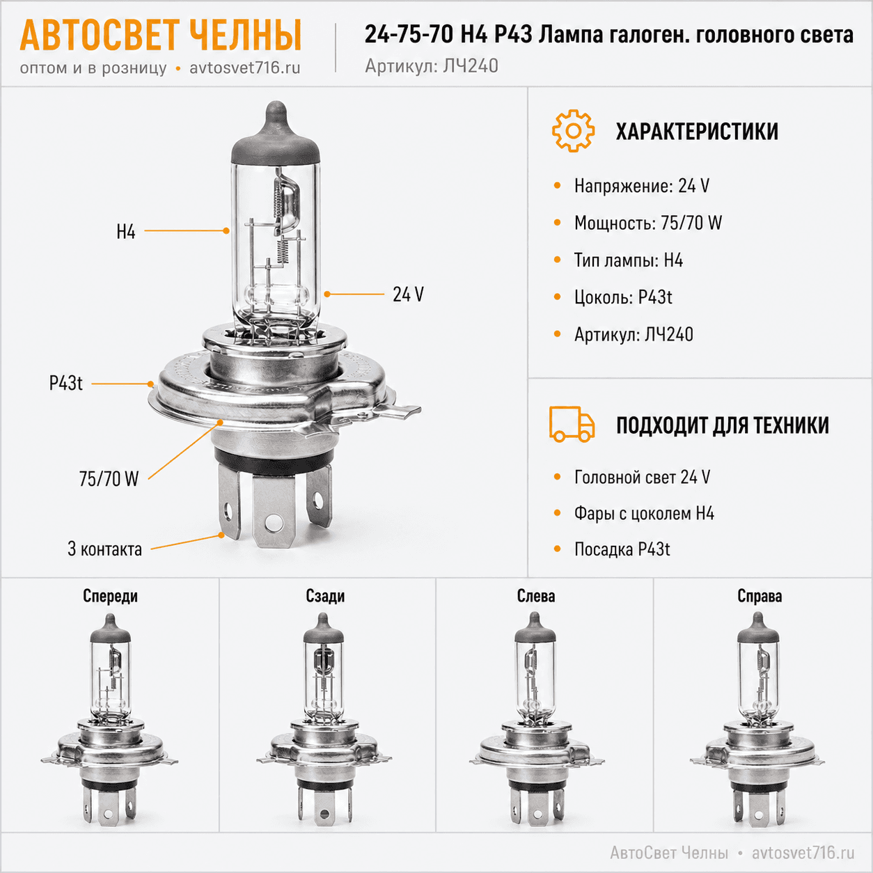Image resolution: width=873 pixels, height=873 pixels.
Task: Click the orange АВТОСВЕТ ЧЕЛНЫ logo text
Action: click(160, 35)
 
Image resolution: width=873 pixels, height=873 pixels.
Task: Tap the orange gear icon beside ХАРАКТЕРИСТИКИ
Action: click(573, 131)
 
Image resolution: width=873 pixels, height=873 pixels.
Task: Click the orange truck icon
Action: click(572, 424)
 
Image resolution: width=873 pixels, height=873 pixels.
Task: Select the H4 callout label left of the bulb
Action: click(126, 232)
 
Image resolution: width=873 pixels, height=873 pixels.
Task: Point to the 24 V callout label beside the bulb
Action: click(408, 294)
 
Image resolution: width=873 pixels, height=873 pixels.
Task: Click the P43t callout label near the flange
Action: click(65, 384)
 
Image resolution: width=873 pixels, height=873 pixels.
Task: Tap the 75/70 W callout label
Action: click(109, 479)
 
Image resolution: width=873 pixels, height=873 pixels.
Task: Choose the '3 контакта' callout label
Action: click(104, 549)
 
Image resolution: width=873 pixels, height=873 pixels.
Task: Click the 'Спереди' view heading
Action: click(110, 596)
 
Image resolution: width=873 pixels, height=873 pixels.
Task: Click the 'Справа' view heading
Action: click(760, 596)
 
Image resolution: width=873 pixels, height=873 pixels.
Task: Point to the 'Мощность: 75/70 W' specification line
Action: click(648, 223)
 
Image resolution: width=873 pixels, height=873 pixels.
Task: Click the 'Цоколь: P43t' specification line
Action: click(623, 297)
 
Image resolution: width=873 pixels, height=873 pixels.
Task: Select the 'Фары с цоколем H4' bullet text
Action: click(644, 513)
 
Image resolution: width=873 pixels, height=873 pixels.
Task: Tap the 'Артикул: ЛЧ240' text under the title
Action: click(432, 66)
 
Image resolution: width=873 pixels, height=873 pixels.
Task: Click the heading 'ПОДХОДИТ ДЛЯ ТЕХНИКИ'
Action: click(723, 425)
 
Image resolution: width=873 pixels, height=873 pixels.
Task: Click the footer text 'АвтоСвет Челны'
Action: click(669, 853)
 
